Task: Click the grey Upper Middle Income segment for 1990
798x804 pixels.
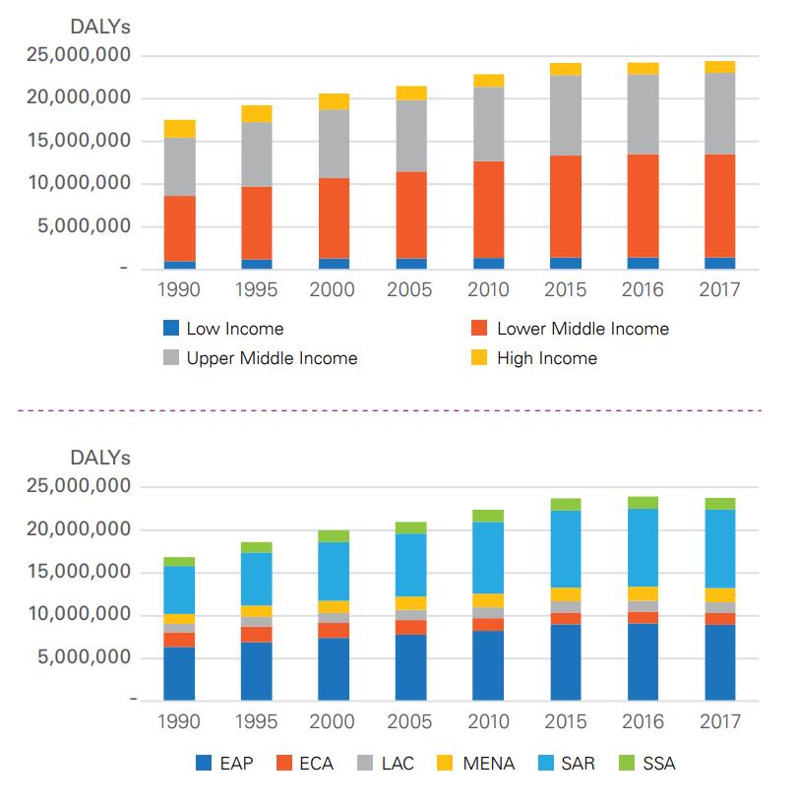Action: pos(179,167)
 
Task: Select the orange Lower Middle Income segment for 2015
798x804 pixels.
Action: pos(566,207)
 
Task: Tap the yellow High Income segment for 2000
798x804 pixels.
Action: pos(334,101)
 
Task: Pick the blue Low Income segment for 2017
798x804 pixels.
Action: pos(720,263)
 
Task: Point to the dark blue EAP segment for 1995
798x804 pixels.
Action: pos(257,670)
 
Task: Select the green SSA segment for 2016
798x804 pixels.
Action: pos(643,502)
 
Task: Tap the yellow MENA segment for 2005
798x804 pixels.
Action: pos(410,603)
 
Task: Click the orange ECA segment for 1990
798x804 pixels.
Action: pos(179,640)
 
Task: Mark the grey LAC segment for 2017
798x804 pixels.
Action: pos(720,607)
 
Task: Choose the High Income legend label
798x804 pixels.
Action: pos(547,358)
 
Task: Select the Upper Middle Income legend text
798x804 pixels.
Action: pos(272,358)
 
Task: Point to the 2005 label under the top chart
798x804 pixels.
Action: pos(410,290)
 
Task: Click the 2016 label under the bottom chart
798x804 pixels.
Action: pos(643,721)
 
